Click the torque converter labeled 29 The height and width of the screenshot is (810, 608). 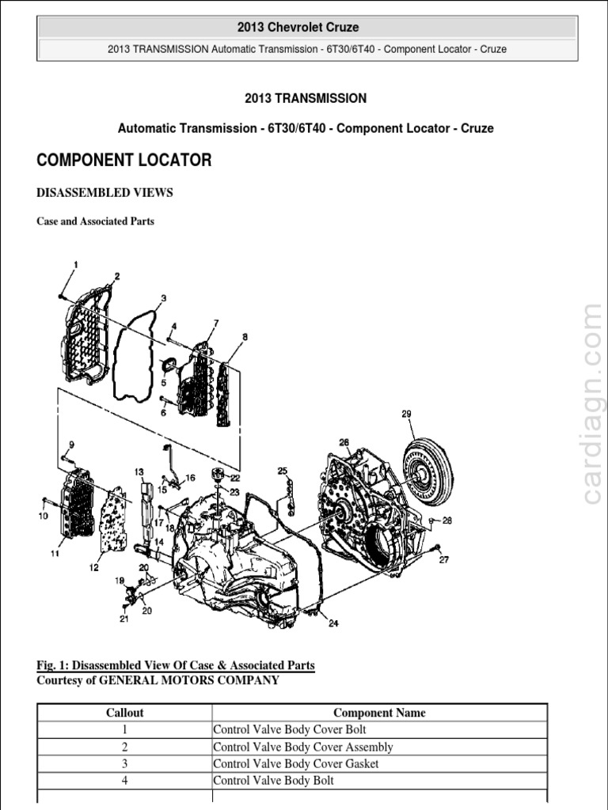click(426, 473)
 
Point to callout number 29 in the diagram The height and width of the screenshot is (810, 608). click(407, 414)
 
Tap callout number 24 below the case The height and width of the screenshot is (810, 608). click(333, 623)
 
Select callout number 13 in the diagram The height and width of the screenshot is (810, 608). click(139, 472)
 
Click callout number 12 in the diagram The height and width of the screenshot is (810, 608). click(94, 566)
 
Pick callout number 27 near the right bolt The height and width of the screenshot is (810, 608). click(443, 560)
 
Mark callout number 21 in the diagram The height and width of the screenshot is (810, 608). click(123, 619)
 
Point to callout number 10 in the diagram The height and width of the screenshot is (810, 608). click(43, 516)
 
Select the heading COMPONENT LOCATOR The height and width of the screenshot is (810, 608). click(124, 161)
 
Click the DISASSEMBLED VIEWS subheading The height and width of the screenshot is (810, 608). click(104, 192)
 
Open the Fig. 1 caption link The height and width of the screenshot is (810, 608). click(176, 665)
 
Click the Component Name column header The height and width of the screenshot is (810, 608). click(379, 713)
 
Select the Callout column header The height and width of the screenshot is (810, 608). click(124, 713)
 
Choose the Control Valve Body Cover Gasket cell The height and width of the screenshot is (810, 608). click(296, 763)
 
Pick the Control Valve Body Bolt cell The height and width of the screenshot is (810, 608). click(274, 781)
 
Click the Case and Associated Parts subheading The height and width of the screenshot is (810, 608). click(96, 221)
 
